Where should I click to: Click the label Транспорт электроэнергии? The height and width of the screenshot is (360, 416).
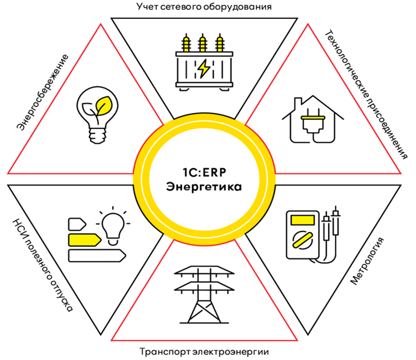coord(207,351)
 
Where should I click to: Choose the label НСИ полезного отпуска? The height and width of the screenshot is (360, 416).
coord(41,258)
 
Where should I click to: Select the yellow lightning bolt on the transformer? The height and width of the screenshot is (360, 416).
coord(204,68)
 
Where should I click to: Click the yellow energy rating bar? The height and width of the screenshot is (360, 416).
coord(83,239)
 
